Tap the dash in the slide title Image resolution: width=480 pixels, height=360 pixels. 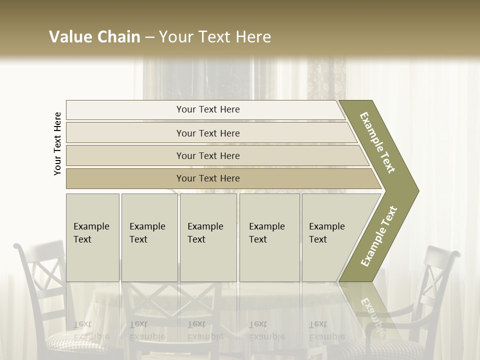[149, 37]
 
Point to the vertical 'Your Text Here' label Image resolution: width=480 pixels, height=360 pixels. [58, 143]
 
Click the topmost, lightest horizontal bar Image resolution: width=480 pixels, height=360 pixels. [207, 109]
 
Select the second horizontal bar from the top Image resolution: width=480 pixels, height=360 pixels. [207, 133]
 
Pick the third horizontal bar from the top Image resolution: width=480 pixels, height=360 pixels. [207, 155]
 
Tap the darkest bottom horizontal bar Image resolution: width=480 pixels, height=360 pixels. [207, 178]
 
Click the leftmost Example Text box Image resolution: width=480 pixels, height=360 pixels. [92, 237]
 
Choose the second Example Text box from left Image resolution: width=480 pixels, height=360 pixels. [149, 237]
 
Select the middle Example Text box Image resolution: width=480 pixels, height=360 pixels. [208, 237]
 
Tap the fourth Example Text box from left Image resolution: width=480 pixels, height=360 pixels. [269, 237]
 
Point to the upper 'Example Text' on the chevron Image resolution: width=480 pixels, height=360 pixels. [377, 142]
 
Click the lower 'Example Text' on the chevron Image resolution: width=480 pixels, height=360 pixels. [378, 236]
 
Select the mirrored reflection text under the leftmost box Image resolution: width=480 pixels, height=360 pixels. [91, 330]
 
